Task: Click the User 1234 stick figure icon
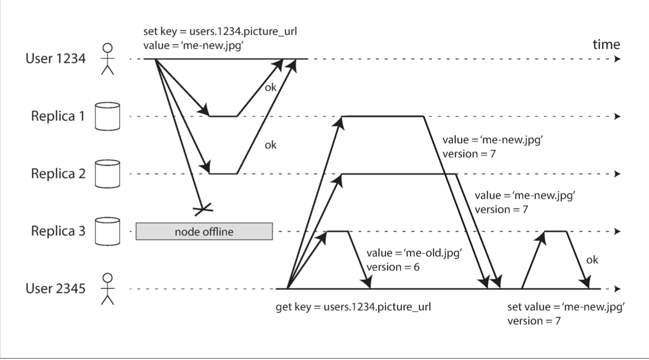(107, 59)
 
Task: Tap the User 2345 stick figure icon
(107, 289)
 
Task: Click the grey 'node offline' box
(204, 232)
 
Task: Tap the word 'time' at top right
(606, 45)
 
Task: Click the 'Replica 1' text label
(58, 117)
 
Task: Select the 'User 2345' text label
(55, 289)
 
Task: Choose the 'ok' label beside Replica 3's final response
(592, 260)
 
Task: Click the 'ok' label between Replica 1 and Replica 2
(270, 145)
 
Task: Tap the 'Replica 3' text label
(58, 231)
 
